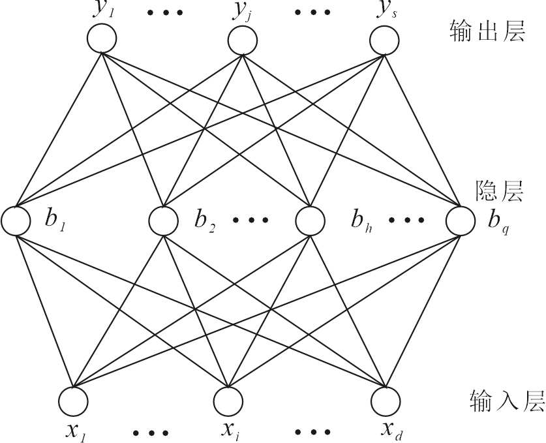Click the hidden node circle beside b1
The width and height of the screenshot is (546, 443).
[x=16, y=221]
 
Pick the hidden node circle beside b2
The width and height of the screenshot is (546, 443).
[x=163, y=221]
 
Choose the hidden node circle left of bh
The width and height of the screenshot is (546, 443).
[x=310, y=221]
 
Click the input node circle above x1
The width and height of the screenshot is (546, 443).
[x=72, y=399]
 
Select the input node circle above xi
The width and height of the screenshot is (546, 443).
[x=228, y=399]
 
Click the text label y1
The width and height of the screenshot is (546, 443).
[x=103, y=12]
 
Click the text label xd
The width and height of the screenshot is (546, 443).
[x=391, y=429]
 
